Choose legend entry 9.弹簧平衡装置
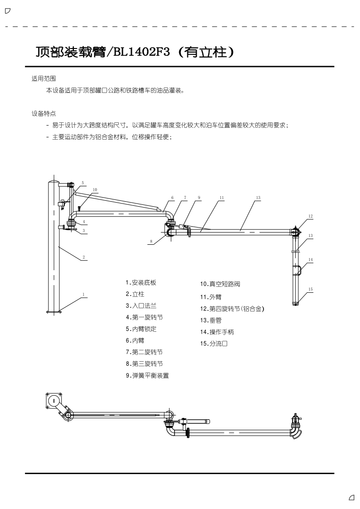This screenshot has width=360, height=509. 147,375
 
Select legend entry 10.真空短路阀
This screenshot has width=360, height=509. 219,284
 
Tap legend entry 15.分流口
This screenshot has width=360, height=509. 214,344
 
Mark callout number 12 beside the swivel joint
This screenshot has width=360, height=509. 310,216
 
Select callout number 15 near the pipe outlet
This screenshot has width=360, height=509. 311,289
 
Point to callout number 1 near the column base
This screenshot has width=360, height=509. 83,294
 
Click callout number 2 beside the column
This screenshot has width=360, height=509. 83,257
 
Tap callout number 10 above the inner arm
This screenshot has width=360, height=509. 95,189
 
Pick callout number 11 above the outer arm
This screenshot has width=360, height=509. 221,198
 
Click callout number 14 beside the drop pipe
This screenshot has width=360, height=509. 311,260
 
